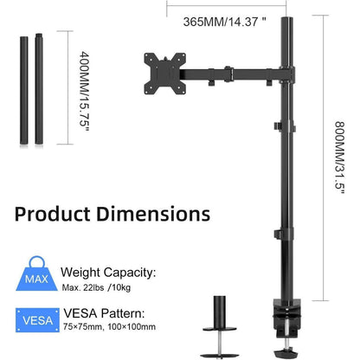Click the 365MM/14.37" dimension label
coord(225,22)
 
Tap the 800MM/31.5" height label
coord(339,157)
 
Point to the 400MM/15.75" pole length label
coord(84,91)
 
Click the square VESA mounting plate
coord(164,74)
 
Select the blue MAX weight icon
coord(36,273)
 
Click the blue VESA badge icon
coord(37,320)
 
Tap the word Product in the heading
coord(52,215)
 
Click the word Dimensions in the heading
coord(153,214)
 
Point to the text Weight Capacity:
coord(108,273)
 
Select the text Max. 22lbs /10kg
coord(96,287)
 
